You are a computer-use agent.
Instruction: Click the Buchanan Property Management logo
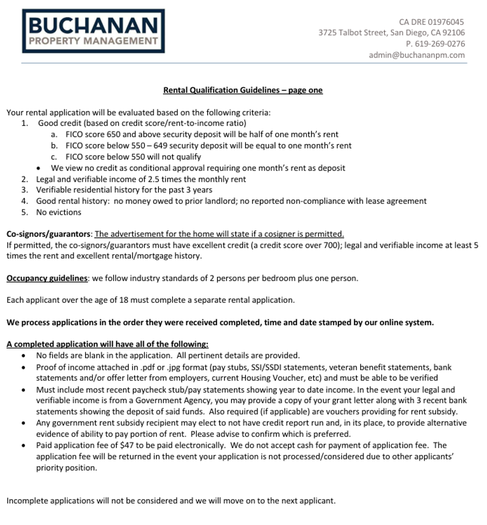point(93,31)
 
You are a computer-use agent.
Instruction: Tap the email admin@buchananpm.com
point(417,55)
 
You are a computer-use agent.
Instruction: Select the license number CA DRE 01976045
point(432,22)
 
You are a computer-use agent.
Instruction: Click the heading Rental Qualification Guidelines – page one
point(243,90)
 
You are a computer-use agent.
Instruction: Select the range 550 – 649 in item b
point(151,146)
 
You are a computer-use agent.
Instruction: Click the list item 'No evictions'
point(59,212)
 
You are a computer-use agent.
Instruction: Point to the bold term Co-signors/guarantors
point(49,234)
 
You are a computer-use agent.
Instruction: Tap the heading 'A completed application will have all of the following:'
point(107,345)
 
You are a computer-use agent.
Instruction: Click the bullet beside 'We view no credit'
point(39,168)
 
